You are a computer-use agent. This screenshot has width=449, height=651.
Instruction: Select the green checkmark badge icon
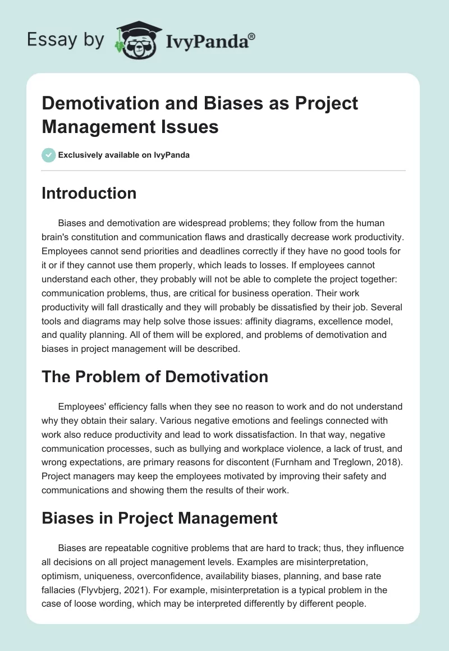click(48, 155)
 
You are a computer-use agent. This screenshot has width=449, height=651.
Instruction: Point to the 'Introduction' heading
click(89, 193)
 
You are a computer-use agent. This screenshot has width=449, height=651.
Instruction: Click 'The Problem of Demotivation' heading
click(155, 377)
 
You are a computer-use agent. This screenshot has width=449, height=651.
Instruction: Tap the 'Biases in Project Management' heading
click(159, 517)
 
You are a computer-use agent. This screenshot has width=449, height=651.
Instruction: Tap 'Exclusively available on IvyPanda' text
click(125, 155)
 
